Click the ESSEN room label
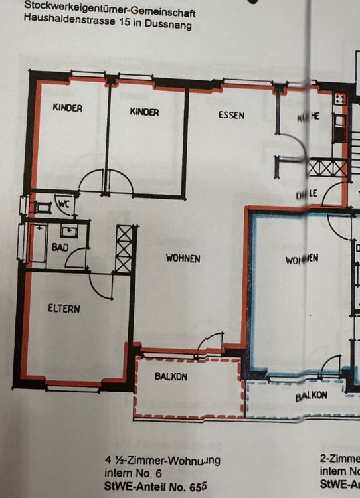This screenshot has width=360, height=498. (231, 115)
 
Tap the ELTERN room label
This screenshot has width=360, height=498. (64, 309)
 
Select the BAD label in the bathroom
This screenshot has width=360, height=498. (60, 247)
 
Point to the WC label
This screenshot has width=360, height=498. (64, 205)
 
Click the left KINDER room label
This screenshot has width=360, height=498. (67, 108)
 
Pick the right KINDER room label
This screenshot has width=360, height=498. (144, 112)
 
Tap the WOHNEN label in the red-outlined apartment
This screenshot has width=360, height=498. (183, 258)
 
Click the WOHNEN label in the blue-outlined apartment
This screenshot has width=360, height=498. (302, 259)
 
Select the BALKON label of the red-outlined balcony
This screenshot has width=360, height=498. (171, 376)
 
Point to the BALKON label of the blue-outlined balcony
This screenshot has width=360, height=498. (312, 396)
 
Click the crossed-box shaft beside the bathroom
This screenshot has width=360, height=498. (124, 248)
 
